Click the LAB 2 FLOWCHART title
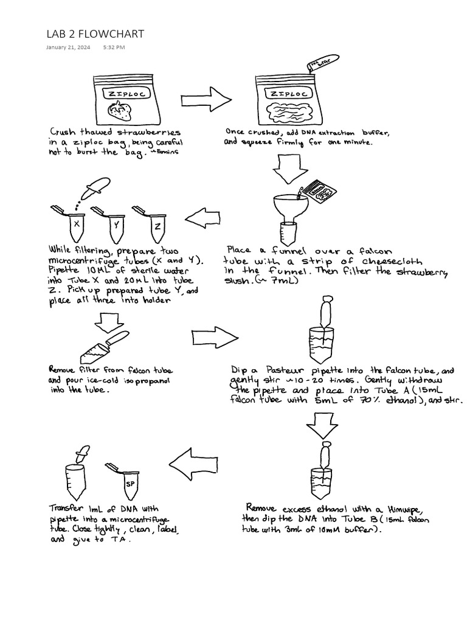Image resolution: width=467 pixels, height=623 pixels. [95, 34]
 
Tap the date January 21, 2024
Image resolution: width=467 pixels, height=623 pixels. [68, 47]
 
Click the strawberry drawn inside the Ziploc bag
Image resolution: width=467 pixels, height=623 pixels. [120, 111]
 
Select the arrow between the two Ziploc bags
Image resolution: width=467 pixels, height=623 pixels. [206, 99]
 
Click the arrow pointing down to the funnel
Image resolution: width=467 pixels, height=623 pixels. [290, 169]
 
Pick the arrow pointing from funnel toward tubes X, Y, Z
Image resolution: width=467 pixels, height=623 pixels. [202, 218]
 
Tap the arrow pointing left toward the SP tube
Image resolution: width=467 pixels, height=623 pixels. [193, 464]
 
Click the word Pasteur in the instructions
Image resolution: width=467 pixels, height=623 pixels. [285, 371]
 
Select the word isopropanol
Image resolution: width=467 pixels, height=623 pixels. [147, 381]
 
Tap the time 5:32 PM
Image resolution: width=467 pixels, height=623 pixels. [114, 47]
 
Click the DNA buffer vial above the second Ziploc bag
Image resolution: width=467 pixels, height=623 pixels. [323, 63]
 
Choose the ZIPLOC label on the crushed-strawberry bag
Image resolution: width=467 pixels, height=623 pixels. [289, 94]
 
